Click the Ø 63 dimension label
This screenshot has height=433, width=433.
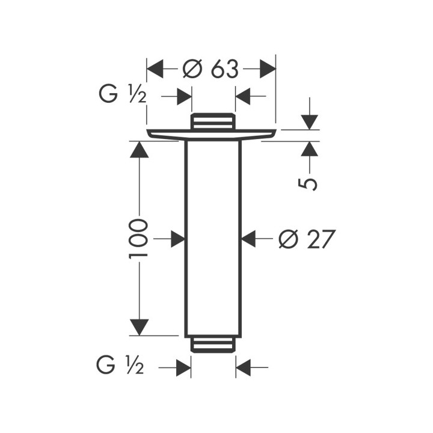pos(210,69)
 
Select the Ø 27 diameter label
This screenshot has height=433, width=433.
pos(307,239)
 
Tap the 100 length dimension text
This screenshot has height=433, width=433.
pos(138,239)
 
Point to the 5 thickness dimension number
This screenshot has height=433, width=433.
pos(308,184)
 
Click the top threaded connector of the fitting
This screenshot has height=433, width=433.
pos(213,121)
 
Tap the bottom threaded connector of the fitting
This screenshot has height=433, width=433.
pos(213,345)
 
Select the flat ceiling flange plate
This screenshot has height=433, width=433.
pos(212,135)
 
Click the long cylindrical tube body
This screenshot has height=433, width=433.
pos(213,239)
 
